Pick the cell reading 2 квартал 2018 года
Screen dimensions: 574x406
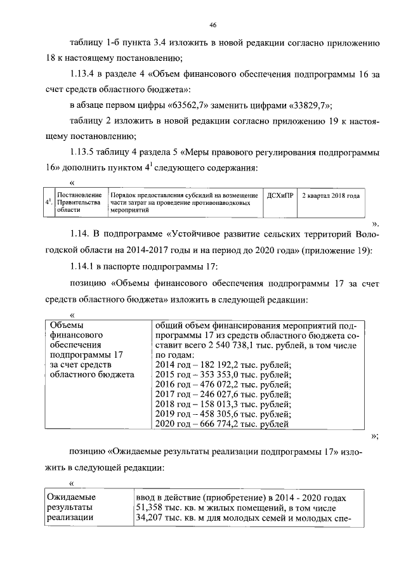tap(331, 195)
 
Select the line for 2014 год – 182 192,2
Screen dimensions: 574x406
tap(223, 363)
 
